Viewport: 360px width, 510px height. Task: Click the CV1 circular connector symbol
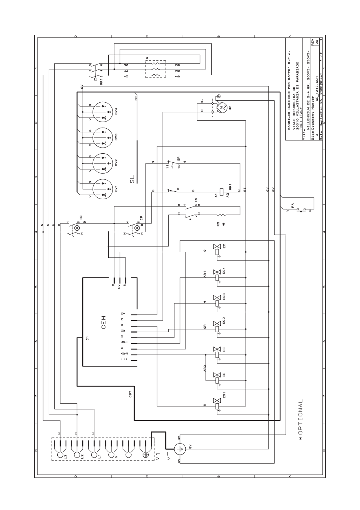click(x=102, y=189)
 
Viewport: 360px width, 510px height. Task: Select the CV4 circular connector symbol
click(x=102, y=111)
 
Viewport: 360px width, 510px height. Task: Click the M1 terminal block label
click(x=158, y=457)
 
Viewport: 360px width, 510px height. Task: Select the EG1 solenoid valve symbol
click(x=217, y=403)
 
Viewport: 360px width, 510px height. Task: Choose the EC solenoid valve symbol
click(x=217, y=250)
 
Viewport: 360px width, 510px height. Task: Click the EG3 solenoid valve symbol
click(x=217, y=301)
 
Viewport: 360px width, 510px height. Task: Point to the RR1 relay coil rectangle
click(x=221, y=190)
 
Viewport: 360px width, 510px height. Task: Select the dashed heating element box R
click(x=155, y=69)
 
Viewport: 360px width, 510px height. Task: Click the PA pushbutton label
click(x=292, y=205)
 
